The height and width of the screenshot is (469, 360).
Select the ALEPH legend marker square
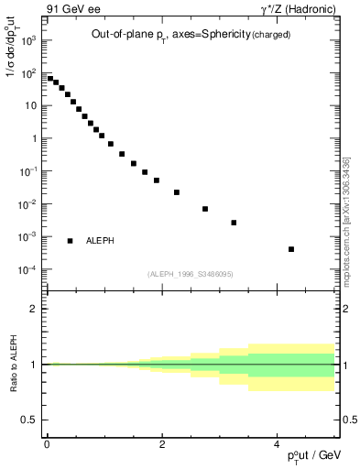pyautogui.click(x=70, y=241)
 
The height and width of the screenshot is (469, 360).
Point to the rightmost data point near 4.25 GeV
pyautogui.click(x=291, y=249)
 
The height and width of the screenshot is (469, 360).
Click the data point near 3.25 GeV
pyautogui.click(x=234, y=223)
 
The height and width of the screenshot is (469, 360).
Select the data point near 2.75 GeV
pyautogui.click(x=205, y=209)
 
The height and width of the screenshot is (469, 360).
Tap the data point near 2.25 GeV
pyautogui.click(x=177, y=192)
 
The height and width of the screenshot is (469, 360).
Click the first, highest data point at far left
pyautogui.click(x=50, y=79)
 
